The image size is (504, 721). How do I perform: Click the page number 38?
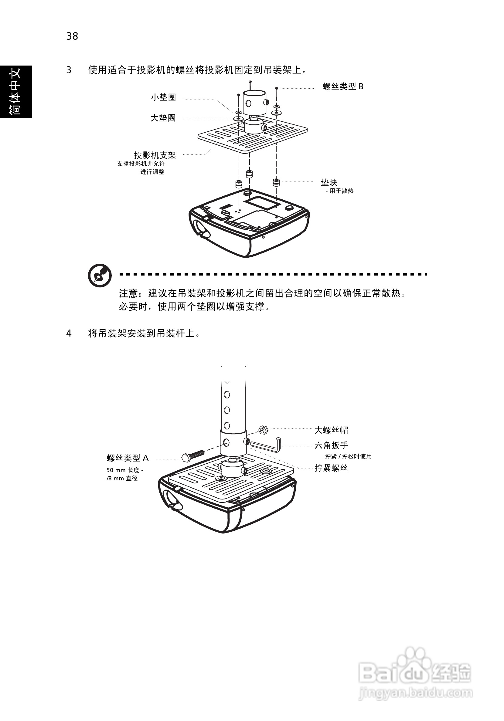click(x=72, y=36)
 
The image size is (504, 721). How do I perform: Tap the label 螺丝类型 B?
click(x=343, y=86)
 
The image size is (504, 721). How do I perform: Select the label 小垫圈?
click(x=163, y=97)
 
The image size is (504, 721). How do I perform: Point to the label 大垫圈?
click(x=163, y=118)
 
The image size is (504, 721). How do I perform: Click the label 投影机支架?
click(x=155, y=155)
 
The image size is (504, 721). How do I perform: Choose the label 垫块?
click(x=329, y=182)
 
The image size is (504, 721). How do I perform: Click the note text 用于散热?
click(x=341, y=191)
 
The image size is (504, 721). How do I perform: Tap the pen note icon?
click(x=100, y=276)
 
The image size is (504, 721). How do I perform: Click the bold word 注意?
click(x=128, y=294)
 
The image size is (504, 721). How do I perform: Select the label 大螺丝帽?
click(x=331, y=430)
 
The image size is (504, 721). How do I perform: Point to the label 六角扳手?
click(x=331, y=445)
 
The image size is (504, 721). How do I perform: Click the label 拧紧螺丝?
click(x=331, y=468)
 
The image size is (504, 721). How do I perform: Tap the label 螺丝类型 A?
click(x=128, y=458)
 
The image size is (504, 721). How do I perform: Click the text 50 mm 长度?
click(x=125, y=470)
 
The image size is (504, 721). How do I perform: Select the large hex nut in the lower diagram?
click(x=263, y=430)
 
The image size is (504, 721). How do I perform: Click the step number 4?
click(x=69, y=333)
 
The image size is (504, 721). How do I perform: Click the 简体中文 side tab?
click(x=16, y=92)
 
